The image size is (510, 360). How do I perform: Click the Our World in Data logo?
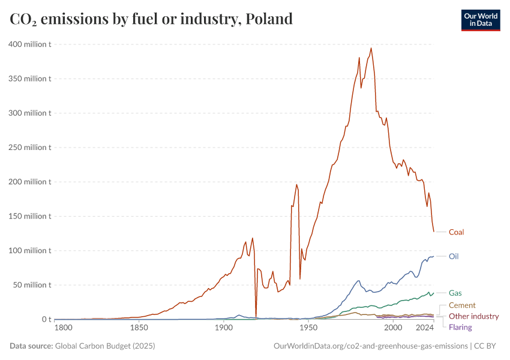pyautogui.click(x=480, y=19)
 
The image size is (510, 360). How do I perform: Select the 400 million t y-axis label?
pyautogui.click(x=29, y=44)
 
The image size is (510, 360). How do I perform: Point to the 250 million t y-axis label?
pyautogui.click(x=29, y=147)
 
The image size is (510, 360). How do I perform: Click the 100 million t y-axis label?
pyautogui.click(x=29, y=250)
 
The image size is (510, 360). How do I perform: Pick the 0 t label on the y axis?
pyautogui.click(x=45, y=319)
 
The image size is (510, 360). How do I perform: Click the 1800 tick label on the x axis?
pyautogui.click(x=63, y=328)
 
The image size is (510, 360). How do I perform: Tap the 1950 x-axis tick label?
pyautogui.click(x=308, y=328)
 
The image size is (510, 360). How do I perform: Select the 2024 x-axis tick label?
pyautogui.click(x=425, y=328)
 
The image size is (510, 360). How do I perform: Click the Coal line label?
pyautogui.click(x=456, y=232)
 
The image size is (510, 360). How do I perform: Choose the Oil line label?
pyautogui.click(x=454, y=256)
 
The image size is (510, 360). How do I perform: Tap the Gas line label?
pyautogui.click(x=455, y=293)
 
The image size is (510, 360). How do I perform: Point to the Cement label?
pyautogui.click(x=462, y=305)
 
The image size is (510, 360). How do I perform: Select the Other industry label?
pyautogui.click(x=473, y=316)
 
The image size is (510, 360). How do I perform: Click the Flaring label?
pyautogui.click(x=460, y=327)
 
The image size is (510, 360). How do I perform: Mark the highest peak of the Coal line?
pyautogui.click(x=371, y=48)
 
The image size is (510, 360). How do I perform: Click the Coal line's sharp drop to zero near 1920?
pyautogui.click(x=256, y=317)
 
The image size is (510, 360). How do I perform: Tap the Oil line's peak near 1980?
pyautogui.click(x=359, y=281)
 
